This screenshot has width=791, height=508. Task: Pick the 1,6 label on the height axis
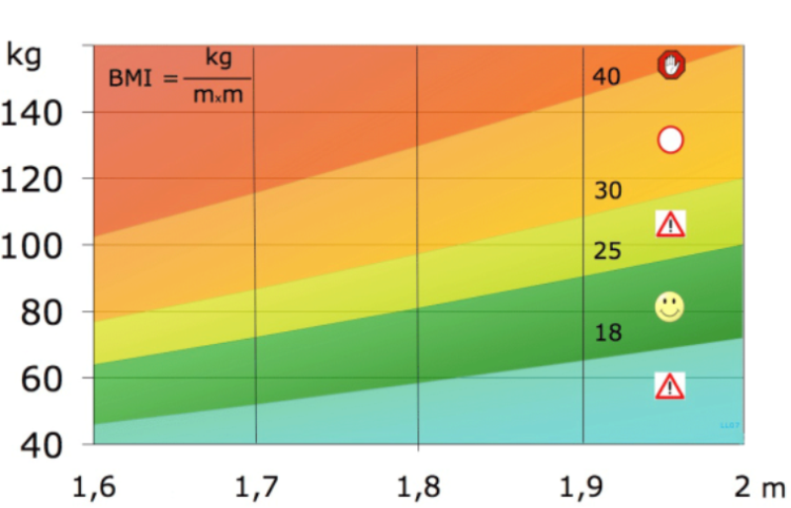click(x=94, y=486)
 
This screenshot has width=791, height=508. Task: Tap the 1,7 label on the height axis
click(x=255, y=486)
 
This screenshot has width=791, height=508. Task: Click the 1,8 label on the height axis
click(x=418, y=486)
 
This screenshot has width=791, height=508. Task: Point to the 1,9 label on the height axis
click(x=581, y=486)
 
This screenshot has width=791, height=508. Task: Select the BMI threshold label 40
click(x=605, y=76)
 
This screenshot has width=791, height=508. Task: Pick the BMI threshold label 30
click(x=607, y=191)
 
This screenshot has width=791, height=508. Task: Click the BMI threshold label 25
click(x=607, y=252)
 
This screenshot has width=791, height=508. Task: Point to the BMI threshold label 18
click(x=608, y=333)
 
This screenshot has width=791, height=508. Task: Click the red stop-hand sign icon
click(x=671, y=64)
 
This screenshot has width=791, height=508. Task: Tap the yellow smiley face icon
click(x=669, y=306)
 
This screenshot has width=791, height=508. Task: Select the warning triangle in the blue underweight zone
click(x=669, y=385)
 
